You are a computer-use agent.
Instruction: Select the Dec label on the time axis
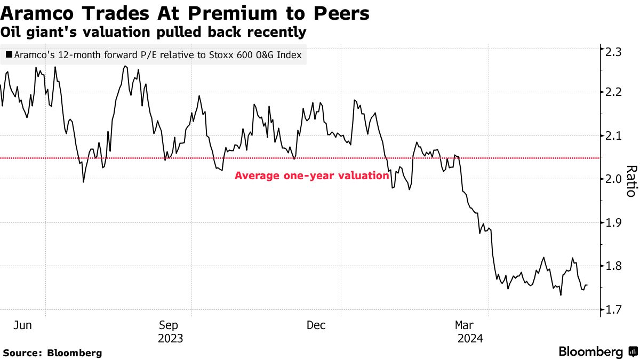tap(316, 324)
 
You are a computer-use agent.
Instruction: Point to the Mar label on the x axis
tap(465, 324)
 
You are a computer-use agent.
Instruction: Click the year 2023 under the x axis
tap(171, 338)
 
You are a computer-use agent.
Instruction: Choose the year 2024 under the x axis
tap(469, 338)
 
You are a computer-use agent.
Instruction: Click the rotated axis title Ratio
tap(631, 181)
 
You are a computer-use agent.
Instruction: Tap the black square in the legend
tap(9, 54)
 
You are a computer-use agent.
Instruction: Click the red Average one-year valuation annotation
tap(311, 175)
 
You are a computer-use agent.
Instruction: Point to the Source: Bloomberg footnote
tap(52, 353)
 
